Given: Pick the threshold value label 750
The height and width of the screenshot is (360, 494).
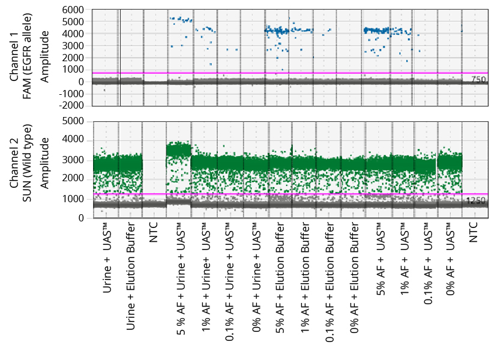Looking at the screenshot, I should point(478,80).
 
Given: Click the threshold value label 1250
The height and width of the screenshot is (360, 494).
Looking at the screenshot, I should point(477,201).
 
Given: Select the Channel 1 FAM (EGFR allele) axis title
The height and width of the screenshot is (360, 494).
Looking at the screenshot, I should point(29,57).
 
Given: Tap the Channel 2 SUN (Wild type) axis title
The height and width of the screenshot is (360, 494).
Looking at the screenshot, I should point(29,169).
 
